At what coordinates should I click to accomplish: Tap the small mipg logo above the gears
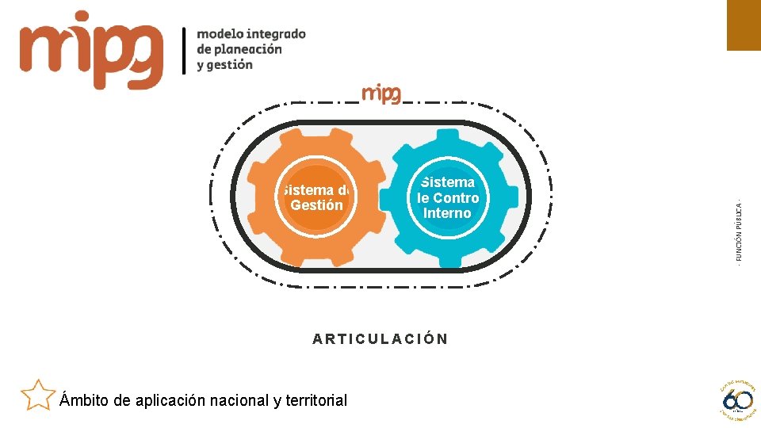tap(381, 94)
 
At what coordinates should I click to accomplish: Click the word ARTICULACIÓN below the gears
tap(380, 339)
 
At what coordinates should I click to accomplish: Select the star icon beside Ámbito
tap(37, 395)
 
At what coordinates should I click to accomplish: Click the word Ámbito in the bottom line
tap(85, 400)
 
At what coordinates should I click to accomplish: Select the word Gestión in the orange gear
tap(317, 205)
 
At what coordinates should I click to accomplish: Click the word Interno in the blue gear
tap(447, 213)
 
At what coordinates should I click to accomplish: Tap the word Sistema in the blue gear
tap(448, 183)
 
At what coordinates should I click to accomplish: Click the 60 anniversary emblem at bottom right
tap(736, 398)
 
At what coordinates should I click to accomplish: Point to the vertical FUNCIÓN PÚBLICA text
tap(739, 230)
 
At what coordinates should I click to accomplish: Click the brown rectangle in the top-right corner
tap(744, 25)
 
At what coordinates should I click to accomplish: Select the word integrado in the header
tap(276, 33)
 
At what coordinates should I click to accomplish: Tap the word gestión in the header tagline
tap(231, 65)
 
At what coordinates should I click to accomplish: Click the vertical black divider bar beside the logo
tap(185, 50)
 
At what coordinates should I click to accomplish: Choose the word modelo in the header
tap(220, 33)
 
